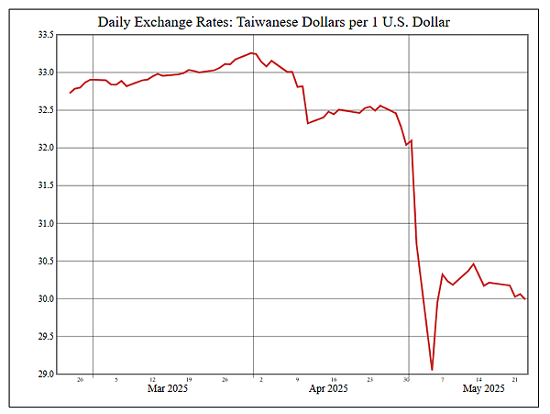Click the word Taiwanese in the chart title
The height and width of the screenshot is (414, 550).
coord(266,20)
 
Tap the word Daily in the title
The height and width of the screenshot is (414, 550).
coord(116,20)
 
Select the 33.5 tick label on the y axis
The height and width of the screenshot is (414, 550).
coord(45,35)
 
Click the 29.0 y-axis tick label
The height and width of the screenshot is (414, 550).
coord(45,375)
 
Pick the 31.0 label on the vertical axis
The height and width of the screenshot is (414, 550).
coord(45,224)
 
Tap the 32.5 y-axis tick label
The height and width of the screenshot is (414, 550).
coord(45,110)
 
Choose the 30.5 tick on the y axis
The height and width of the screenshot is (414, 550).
coord(45,262)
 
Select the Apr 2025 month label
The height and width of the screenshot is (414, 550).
coord(327,389)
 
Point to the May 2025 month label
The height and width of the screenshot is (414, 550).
coord(484,389)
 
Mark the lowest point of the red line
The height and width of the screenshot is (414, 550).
coord(432,370)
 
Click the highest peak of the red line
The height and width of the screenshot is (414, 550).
coord(251,53)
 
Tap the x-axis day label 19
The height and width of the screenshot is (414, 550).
coord(189,379)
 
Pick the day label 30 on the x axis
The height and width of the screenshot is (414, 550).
coord(407,379)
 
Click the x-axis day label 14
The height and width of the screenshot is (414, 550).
coord(479,379)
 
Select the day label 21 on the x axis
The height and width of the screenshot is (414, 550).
coord(516,379)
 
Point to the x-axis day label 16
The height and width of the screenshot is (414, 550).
coord(334,379)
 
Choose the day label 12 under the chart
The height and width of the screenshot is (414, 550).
coord(152,379)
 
